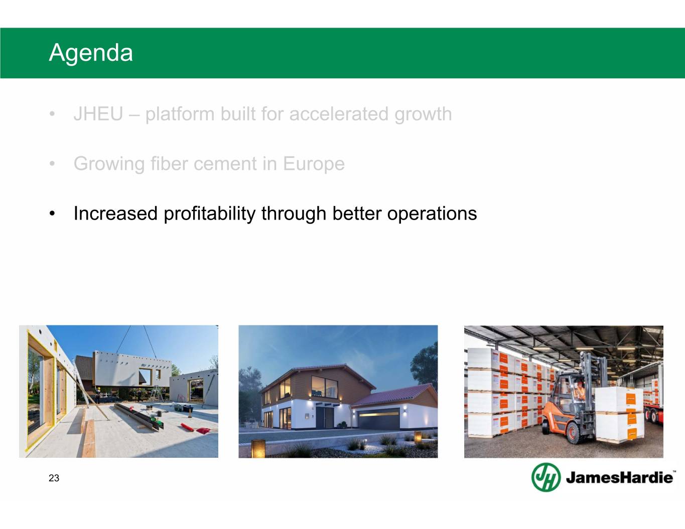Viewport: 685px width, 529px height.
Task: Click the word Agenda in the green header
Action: click(91, 53)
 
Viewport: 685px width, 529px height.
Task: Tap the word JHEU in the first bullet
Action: click(98, 114)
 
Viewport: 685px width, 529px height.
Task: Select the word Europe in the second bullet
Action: click(314, 164)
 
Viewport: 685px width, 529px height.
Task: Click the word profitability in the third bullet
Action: click(209, 214)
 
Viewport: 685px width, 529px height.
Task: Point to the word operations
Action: click(432, 214)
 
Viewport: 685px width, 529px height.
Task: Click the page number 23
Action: click(54, 478)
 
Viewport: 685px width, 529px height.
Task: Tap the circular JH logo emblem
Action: click(546, 477)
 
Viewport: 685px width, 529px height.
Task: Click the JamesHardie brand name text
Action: click(619, 478)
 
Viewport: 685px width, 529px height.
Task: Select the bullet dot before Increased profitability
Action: click(52, 214)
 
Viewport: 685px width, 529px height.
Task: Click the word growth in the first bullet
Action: click(423, 114)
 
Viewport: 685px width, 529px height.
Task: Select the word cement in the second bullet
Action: click(235, 164)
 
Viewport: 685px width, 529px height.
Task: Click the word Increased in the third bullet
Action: click(115, 214)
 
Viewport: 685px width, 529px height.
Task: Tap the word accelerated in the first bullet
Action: click(339, 114)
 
